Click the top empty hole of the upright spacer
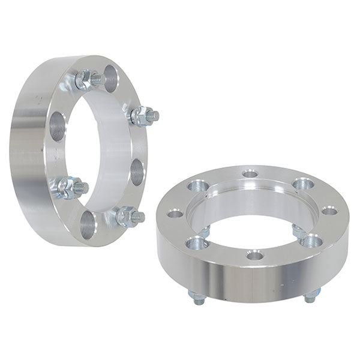110,77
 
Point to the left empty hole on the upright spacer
58,127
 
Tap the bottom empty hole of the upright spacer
88,225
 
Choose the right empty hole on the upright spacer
137,172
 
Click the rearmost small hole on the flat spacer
250,174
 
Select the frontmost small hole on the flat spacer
255,255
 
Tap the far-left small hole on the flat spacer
175,213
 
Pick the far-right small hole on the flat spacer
329,210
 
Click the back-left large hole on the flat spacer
197,186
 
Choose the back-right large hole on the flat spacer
304,184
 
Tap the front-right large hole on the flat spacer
311,241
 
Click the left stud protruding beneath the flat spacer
198,298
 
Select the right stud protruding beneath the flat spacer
310,296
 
